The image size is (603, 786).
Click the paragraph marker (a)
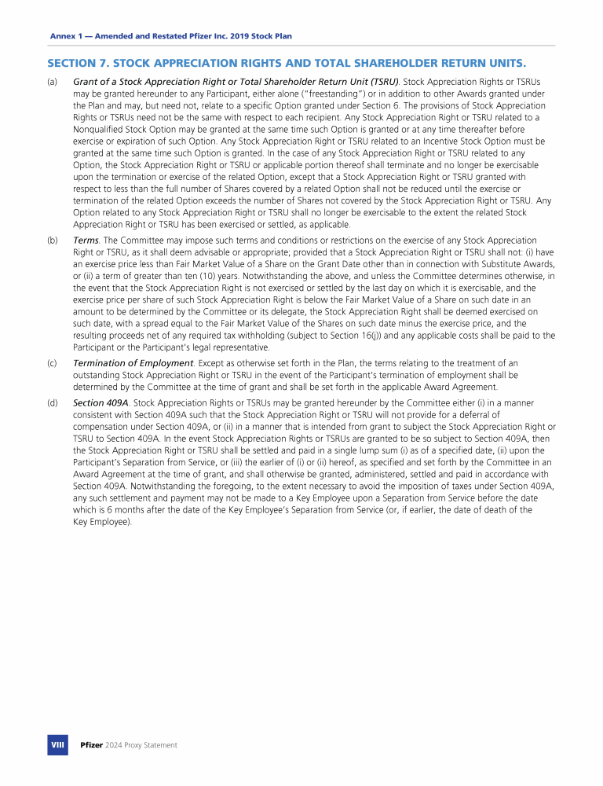52,81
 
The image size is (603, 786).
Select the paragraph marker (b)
52,240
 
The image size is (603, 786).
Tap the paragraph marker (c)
52,362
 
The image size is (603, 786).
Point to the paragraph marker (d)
52,403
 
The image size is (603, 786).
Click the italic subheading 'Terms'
86,240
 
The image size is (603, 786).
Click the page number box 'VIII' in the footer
57,744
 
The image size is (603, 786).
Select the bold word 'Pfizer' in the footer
92,745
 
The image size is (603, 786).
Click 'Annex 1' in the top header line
66,36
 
